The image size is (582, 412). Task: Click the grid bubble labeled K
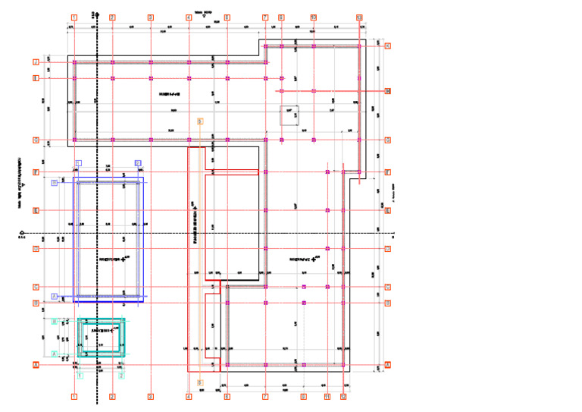[387, 46]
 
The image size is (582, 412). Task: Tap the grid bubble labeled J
[36, 62]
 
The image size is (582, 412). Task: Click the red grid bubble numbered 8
[281, 17]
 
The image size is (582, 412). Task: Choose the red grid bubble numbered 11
[327, 396]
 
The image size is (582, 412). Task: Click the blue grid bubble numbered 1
[79, 163]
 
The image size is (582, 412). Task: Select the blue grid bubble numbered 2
[138, 163]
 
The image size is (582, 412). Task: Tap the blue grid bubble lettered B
[55, 183]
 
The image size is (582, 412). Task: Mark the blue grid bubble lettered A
[55, 296]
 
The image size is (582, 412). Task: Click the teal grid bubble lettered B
[55, 322]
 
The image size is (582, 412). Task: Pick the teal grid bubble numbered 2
[121, 374]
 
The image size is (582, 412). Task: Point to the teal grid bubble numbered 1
[80, 374]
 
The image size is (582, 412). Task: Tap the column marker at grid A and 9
[303, 365]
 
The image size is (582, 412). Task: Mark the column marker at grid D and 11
[327, 248]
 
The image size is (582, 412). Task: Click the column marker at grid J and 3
[151, 62]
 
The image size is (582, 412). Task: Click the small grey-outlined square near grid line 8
[289, 115]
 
